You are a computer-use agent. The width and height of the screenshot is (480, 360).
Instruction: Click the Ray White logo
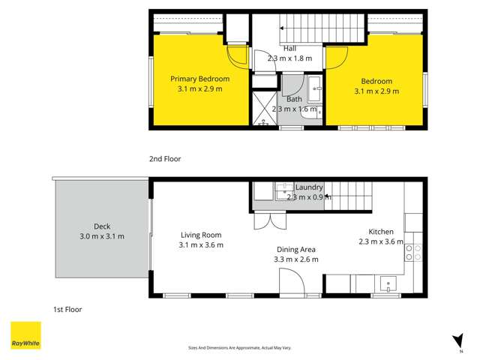(25, 336)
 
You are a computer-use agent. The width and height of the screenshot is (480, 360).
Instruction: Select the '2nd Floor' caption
(165, 159)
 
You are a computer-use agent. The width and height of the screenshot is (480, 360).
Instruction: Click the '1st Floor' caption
(67, 309)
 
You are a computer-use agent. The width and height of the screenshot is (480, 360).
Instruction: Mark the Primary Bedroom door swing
(237, 55)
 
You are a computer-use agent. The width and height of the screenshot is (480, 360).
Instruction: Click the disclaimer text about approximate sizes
(239, 348)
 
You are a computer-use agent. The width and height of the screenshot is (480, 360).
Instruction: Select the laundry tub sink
(284, 193)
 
